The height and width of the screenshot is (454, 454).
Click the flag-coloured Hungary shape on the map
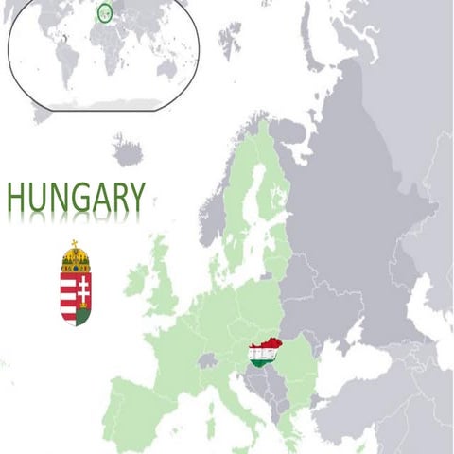pyautogui.click(x=263, y=354)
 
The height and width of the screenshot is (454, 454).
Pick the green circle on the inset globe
pyautogui.click(x=104, y=12)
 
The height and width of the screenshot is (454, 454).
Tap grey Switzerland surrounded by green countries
pyautogui.click(x=207, y=360)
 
